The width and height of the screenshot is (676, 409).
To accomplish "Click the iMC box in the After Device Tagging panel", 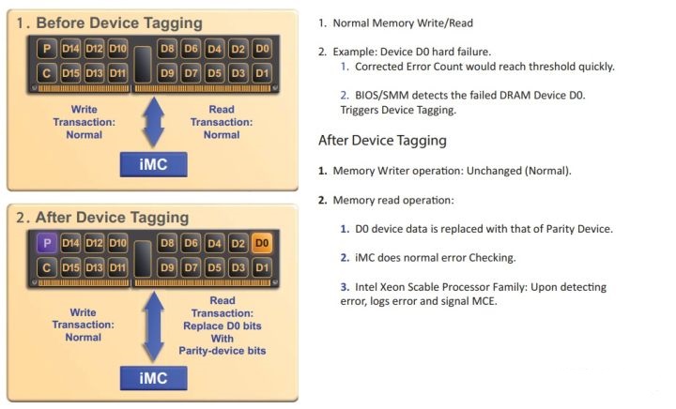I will coord(154,377).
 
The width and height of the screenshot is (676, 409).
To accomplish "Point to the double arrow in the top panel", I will coord(154,122).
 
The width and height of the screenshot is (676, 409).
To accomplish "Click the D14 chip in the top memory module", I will coord(70,48).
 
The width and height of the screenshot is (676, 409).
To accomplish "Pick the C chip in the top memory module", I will coord(46,72).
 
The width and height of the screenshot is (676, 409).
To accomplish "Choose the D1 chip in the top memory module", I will coord(262,72).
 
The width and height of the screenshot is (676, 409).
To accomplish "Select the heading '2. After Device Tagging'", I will coord(103,218).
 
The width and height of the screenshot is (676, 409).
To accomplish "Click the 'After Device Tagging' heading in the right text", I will coord(382,141).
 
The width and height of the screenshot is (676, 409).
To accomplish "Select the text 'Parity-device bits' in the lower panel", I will coord(222,351).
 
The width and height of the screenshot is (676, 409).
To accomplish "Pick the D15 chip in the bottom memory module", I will coord(70,269).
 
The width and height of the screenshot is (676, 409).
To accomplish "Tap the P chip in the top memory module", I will coord(46,48).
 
